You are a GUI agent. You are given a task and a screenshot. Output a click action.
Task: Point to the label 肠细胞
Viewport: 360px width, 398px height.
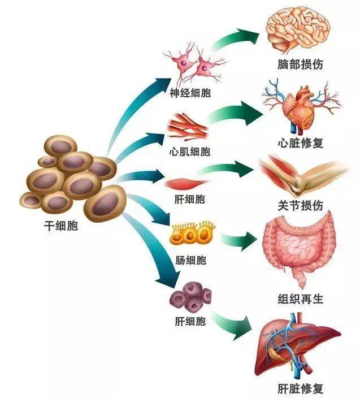click(x=190, y=261)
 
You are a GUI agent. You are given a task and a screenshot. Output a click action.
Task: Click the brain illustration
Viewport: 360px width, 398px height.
click(x=298, y=29)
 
